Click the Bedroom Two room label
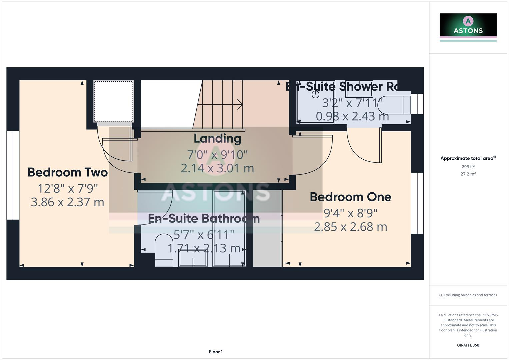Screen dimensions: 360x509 (67, 172)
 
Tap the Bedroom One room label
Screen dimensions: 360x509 (350, 197)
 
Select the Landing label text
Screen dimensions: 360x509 (217, 139)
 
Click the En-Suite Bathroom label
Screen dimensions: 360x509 (204, 219)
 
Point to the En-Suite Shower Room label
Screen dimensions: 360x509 (342, 87)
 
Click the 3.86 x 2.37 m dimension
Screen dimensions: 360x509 (67, 202)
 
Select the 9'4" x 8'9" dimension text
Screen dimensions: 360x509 (350, 213)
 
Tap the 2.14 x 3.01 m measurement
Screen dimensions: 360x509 (217, 168)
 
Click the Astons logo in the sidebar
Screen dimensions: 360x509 (468, 25)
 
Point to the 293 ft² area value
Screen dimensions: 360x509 (468, 167)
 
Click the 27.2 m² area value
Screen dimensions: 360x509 (468, 174)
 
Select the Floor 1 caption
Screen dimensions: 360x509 (216, 352)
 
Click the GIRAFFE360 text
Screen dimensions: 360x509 (468, 345)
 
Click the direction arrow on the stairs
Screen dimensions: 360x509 (239, 104)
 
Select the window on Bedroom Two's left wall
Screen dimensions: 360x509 (13, 175)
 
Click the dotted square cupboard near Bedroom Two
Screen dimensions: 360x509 (114, 102)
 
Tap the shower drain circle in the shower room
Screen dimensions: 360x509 (315, 95)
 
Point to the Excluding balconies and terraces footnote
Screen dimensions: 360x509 (468, 295)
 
